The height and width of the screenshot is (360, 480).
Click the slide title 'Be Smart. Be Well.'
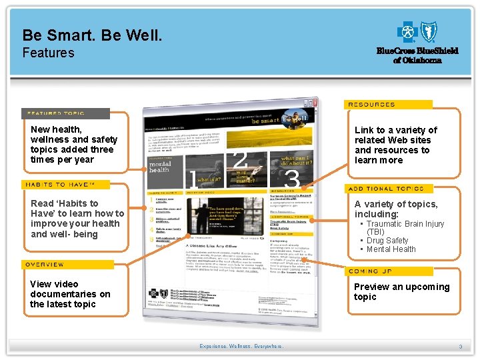coord(92,35)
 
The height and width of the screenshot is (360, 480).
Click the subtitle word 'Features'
coord(48,53)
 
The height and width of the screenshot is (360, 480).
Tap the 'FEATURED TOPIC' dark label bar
coord(65,113)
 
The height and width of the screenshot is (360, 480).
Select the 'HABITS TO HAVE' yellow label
coord(65,185)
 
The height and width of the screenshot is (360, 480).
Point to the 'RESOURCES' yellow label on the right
coord(388,105)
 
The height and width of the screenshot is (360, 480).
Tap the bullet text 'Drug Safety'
coord(387,240)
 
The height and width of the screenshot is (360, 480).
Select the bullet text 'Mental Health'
coord(391,249)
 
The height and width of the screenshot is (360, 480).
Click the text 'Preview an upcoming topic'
coord(401,292)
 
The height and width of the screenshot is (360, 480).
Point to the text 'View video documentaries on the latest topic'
coord(70,294)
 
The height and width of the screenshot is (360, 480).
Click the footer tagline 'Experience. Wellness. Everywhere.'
coord(241,347)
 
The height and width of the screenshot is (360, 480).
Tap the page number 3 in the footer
coord(460,347)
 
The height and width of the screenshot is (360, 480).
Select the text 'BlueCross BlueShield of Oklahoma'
coord(417,55)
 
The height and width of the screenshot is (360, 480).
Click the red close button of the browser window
coord(310,104)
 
